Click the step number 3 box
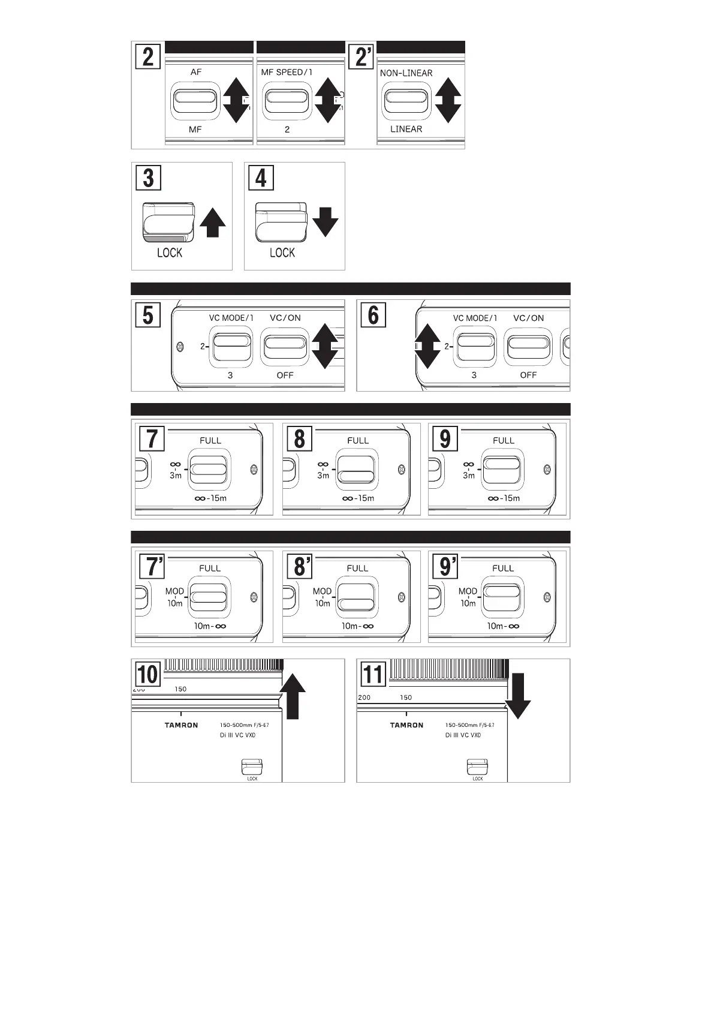pos(148,178)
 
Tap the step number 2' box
pos(363,58)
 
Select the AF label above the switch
pos(196,72)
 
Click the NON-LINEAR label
pos(406,73)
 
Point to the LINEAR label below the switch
pos(406,129)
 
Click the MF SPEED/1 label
pos(287,72)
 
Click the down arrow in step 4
pos(326,221)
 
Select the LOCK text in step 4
pos(282,252)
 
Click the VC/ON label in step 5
pos(285,318)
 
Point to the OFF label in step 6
pos(528,375)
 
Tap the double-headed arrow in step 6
pos(428,346)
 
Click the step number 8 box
pos(299,438)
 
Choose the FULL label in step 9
pos(504,440)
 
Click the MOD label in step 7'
pos(174,591)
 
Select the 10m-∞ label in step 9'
pos(503,626)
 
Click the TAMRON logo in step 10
pos(181,725)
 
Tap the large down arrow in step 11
pos(517,696)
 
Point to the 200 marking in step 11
pos(364,698)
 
